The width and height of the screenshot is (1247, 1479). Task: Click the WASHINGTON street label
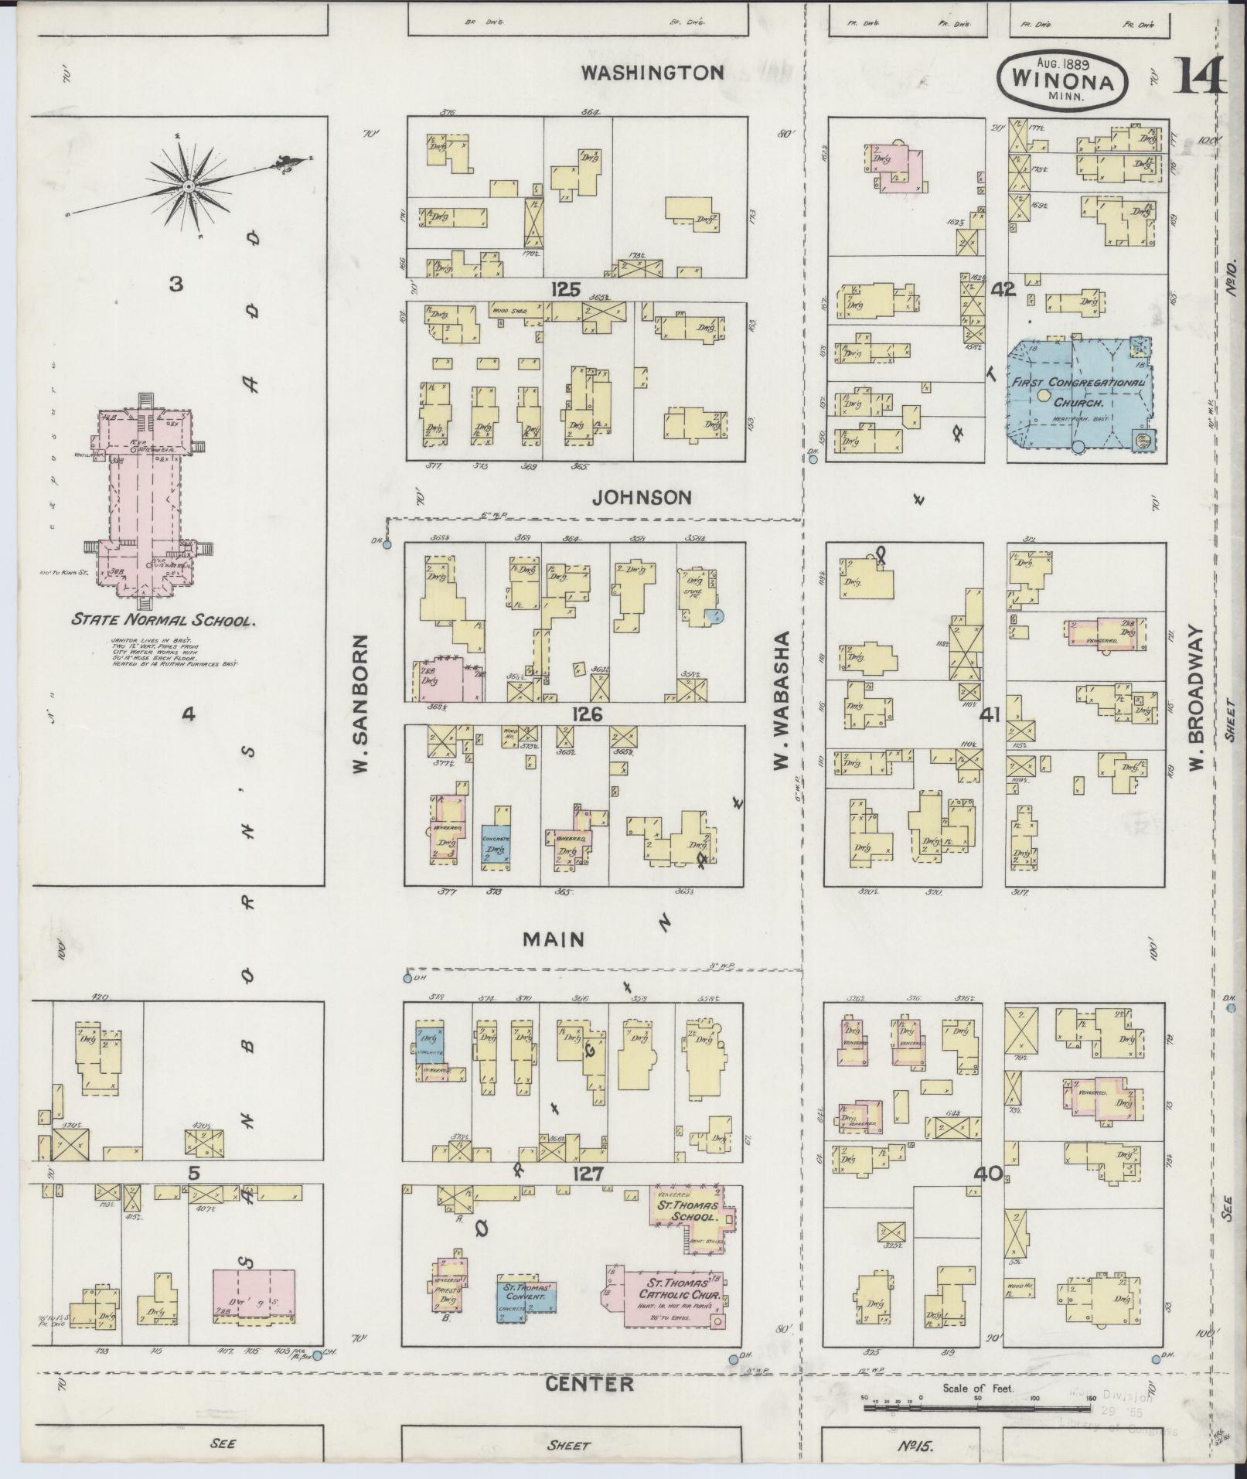(x=652, y=73)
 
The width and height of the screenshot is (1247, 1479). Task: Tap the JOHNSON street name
(x=642, y=497)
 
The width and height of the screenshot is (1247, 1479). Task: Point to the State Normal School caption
(x=163, y=619)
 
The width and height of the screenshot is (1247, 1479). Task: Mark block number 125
(x=565, y=290)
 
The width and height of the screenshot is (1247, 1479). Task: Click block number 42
(x=1003, y=290)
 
